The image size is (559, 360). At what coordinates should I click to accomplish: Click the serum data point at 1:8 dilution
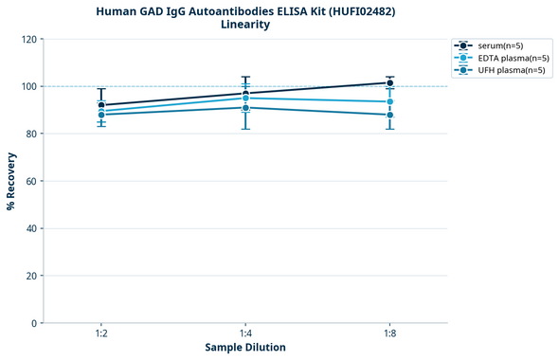390,82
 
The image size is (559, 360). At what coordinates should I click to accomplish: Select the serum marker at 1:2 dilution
101,105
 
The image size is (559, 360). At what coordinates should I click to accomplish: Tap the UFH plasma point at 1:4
245,108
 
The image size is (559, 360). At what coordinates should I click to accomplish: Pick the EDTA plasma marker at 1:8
390,101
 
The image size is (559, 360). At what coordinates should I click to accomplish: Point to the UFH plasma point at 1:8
390,115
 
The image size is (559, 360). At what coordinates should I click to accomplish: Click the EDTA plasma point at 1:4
245,99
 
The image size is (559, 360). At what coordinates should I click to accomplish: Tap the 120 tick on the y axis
27,40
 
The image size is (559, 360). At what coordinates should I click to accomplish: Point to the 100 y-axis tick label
27,87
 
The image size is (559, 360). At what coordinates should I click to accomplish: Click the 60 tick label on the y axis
30,181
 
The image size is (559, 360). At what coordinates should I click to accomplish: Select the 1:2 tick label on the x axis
101,334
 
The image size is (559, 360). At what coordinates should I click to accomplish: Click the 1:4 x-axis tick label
245,334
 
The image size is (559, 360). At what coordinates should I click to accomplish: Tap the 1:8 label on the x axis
390,334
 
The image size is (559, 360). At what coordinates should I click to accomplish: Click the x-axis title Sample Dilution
245,348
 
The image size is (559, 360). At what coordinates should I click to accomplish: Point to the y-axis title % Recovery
11,181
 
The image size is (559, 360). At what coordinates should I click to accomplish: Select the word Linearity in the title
245,25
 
